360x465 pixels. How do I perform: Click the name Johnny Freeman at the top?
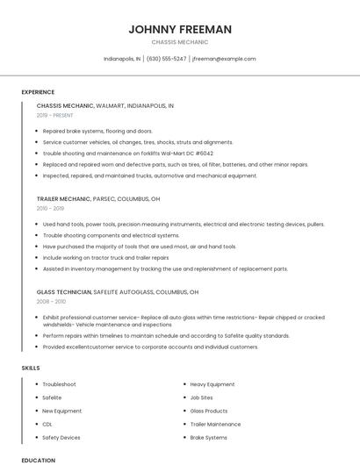coord(180,29)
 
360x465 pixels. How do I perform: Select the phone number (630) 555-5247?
coord(167,59)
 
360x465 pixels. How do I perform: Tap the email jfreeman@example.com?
coord(224,59)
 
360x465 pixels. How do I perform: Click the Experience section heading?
coord(38,92)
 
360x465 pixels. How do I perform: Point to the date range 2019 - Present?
coord(54,115)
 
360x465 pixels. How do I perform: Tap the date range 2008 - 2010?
coord(50,301)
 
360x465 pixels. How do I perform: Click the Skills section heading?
coord(30,368)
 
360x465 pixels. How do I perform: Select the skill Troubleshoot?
coord(59,384)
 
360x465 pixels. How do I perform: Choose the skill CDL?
coord(47,424)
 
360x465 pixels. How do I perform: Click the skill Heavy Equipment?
coord(212,384)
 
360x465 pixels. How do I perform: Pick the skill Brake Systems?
coord(209,437)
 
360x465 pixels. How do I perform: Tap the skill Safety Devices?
coord(61,437)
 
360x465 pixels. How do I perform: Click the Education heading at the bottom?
coord(38,460)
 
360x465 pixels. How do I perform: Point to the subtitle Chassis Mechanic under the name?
coord(180,42)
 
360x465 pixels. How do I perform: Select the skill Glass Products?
coord(209,411)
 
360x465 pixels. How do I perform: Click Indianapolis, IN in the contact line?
coord(121,59)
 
